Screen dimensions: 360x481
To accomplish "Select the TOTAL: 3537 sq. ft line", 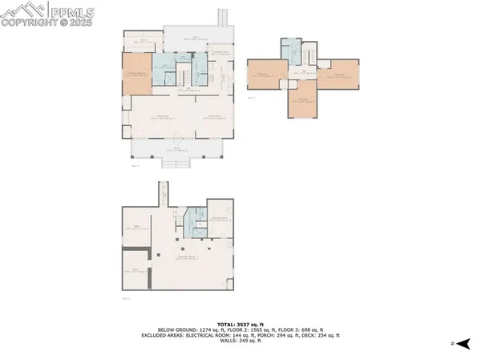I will coord(240,323).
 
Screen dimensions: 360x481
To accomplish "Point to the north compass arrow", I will coord(463,343).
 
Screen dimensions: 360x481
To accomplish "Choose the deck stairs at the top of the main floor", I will coord(223,18).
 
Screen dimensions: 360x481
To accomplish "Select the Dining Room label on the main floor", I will coord(212,118).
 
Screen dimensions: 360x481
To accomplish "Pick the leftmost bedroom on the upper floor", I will coord(264,75).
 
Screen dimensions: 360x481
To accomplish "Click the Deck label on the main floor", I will coord(195,37).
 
